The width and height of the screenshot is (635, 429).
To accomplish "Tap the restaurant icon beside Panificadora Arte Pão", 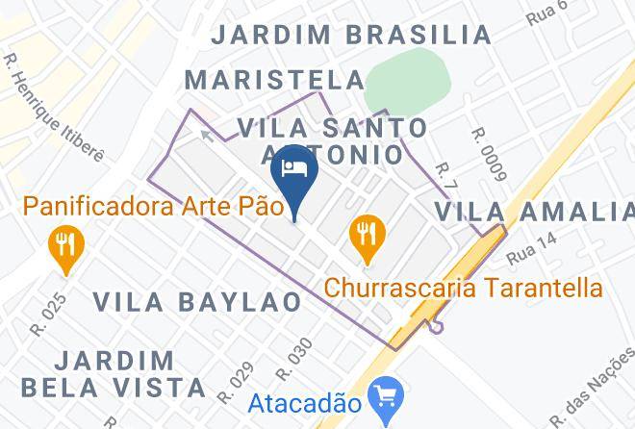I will tap(64, 243).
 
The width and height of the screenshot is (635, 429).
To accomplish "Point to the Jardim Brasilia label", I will tap(351, 35).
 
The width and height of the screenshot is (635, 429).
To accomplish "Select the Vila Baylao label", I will tap(198, 301).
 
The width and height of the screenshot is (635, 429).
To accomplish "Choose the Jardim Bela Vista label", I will tap(130, 375).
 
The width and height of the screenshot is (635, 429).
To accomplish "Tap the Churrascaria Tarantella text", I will tap(464, 287).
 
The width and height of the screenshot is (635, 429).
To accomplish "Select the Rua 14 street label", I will tap(532, 255).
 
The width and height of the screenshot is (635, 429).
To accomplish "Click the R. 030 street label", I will tap(295, 358).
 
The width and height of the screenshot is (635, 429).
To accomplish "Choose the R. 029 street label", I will tap(234, 382).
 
